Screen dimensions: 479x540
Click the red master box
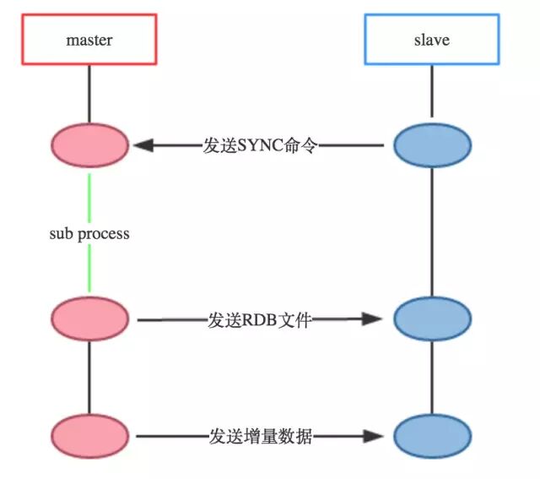click(x=89, y=39)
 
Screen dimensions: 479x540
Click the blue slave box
click(x=431, y=40)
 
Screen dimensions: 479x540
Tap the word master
click(x=89, y=40)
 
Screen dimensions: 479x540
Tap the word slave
click(x=431, y=40)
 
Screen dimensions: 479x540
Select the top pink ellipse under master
click(x=89, y=145)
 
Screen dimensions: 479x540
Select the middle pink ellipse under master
click(x=89, y=319)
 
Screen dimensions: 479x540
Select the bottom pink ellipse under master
click(x=89, y=436)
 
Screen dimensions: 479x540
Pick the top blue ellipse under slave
click(x=431, y=145)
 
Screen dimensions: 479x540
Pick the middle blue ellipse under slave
click(x=431, y=319)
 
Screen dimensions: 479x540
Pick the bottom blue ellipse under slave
click(x=431, y=436)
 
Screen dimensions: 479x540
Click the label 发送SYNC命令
click(x=260, y=145)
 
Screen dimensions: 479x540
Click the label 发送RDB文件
click(x=260, y=319)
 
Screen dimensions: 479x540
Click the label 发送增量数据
click(x=260, y=436)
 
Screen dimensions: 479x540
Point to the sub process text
click(x=89, y=233)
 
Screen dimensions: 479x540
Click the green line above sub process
click(x=89, y=194)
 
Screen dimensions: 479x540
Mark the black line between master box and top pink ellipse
click(x=89, y=93)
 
